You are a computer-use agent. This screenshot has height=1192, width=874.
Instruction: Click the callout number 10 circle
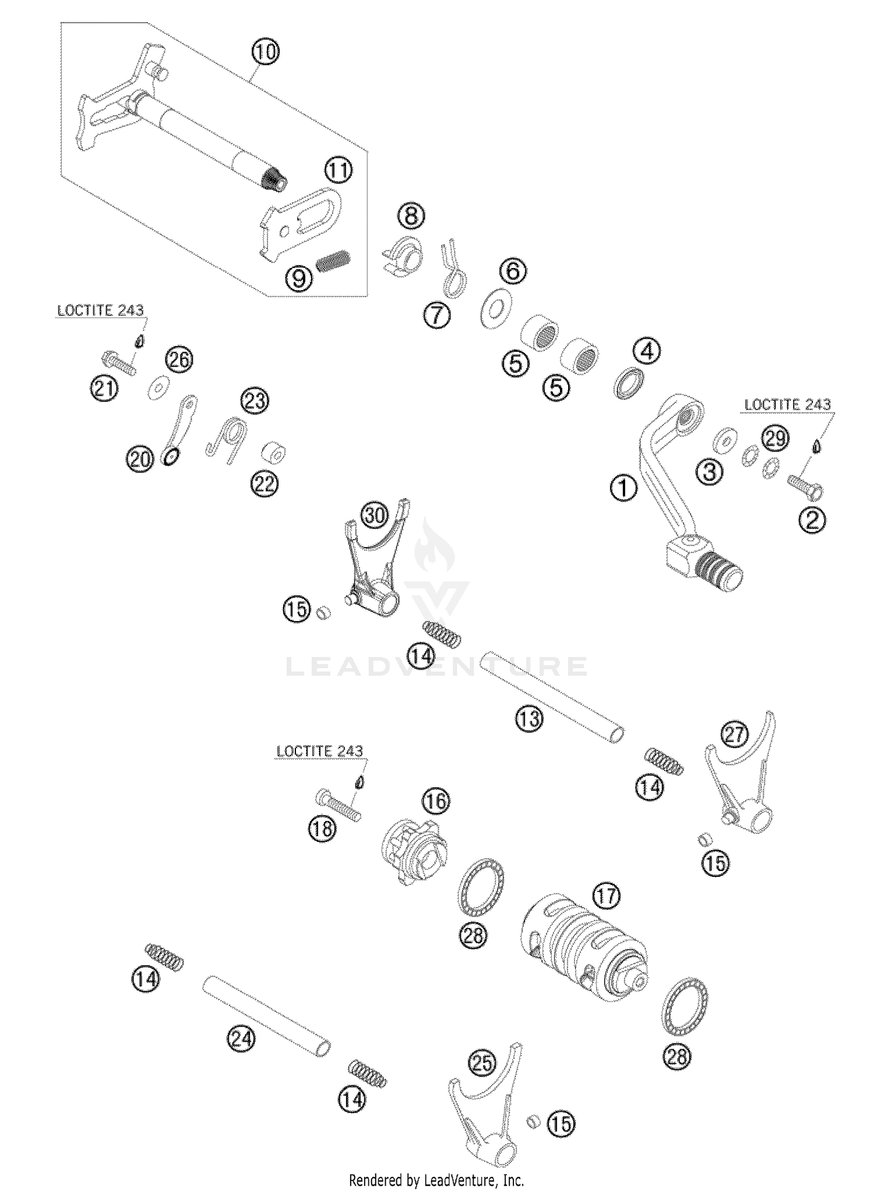click(x=265, y=52)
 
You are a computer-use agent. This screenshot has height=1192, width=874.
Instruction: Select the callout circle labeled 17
click(x=606, y=895)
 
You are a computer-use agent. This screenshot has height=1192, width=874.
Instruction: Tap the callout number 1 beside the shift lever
click(x=623, y=488)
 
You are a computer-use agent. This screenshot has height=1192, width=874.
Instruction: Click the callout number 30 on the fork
click(x=375, y=515)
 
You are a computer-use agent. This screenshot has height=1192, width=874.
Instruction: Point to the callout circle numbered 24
click(x=241, y=1039)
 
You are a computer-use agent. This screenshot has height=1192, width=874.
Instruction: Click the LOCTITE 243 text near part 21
click(x=100, y=311)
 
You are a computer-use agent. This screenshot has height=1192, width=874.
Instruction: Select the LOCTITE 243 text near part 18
click(x=319, y=751)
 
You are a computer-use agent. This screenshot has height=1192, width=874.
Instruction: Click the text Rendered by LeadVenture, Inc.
click(x=436, y=1180)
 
